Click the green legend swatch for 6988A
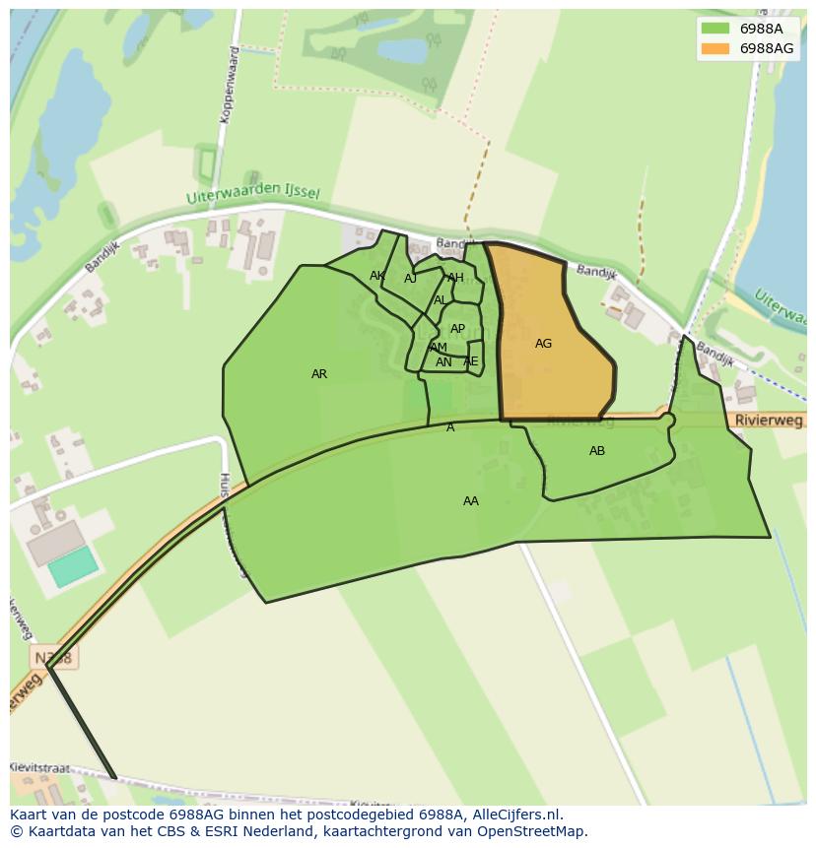click(715, 29)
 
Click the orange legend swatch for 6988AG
click(715, 48)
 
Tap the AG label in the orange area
click(543, 344)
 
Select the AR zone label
click(319, 374)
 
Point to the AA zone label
click(471, 501)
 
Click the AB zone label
click(597, 451)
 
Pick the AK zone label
click(377, 276)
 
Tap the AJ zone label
click(411, 279)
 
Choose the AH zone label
click(455, 278)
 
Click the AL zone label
click(441, 300)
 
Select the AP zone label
click(457, 329)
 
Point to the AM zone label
click(439, 348)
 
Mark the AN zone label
click(443, 362)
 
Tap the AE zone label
click(471, 361)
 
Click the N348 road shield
click(51, 657)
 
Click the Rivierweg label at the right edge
click(770, 421)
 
